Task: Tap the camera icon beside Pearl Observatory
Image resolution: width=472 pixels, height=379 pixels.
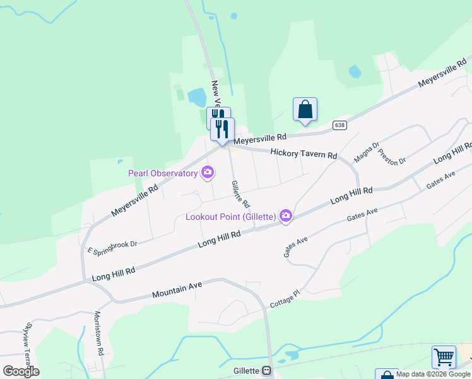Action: pyautogui.click(x=207, y=172)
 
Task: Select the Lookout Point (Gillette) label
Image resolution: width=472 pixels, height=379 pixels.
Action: pyautogui.click(x=231, y=217)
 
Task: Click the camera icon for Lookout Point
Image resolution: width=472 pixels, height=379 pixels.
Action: pyautogui.click(x=286, y=216)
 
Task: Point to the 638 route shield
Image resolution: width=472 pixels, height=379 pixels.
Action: pyautogui.click(x=340, y=125)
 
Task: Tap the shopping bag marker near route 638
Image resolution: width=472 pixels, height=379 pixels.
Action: pyautogui.click(x=305, y=109)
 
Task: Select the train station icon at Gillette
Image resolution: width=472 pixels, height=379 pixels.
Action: pyautogui.click(x=267, y=371)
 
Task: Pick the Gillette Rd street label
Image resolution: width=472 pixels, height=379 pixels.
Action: pyautogui.click(x=240, y=194)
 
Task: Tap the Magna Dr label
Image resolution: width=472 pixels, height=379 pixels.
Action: pyautogui.click(x=366, y=151)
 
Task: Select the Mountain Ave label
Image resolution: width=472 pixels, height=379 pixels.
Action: pyautogui.click(x=177, y=290)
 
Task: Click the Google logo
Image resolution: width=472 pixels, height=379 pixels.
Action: pyautogui.click(x=21, y=371)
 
